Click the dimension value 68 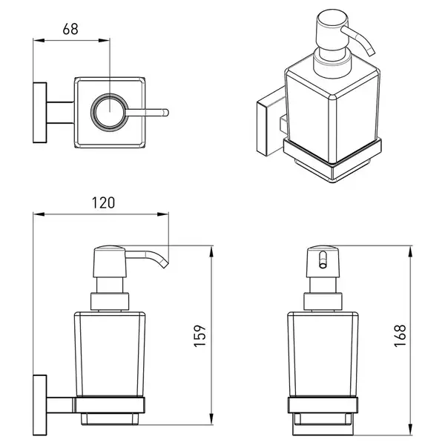point(70,29)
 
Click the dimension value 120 point(103,203)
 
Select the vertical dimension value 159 point(200,336)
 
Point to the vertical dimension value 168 point(400,336)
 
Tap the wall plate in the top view point(40,113)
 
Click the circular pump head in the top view point(110,113)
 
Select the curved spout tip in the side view point(165,264)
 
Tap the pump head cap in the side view point(110,261)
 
